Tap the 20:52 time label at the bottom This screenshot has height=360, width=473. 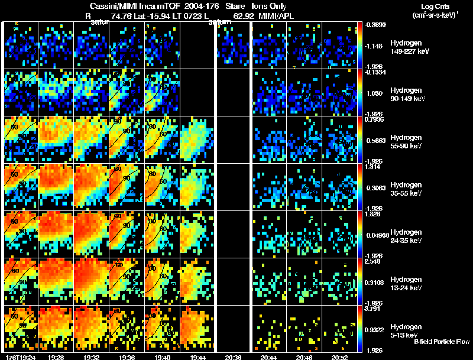tap(339, 356)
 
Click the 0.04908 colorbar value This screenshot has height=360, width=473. tap(378, 235)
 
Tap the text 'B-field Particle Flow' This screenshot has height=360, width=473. tap(442, 342)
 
